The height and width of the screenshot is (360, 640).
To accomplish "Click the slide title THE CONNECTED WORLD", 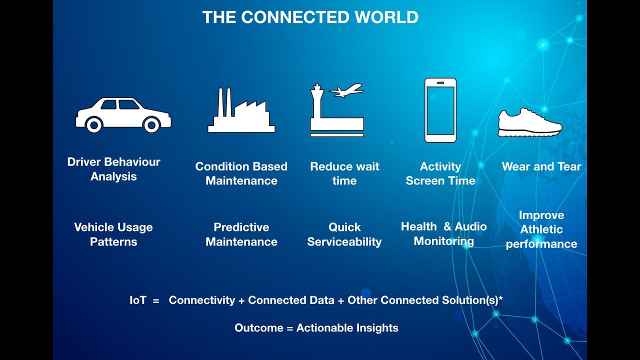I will pyautogui.click(x=310, y=17).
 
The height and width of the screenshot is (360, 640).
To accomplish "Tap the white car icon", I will pyautogui.click(x=123, y=114).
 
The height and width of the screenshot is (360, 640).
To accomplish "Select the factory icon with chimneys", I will pyautogui.click(x=241, y=112).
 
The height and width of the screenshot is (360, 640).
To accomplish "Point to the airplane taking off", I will pyautogui.click(x=346, y=91).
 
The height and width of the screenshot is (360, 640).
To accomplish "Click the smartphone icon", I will pyautogui.click(x=440, y=110).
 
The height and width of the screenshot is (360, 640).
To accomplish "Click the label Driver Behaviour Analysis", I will pyautogui.click(x=113, y=169).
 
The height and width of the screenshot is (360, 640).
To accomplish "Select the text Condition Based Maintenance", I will pyautogui.click(x=241, y=173).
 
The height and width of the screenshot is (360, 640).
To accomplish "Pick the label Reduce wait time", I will pyautogui.click(x=344, y=173).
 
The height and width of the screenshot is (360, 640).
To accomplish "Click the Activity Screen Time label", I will pyautogui.click(x=440, y=173).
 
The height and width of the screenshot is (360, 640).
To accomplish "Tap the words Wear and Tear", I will pyautogui.click(x=541, y=166).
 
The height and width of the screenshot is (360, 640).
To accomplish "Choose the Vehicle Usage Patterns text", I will pyautogui.click(x=113, y=234).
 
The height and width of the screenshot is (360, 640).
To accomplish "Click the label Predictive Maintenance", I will pyautogui.click(x=241, y=234).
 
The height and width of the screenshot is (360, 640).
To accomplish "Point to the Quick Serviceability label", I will pyautogui.click(x=344, y=234).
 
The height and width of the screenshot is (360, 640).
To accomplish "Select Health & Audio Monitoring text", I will pyautogui.click(x=443, y=233).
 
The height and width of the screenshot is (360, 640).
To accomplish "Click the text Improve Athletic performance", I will pyautogui.click(x=541, y=229).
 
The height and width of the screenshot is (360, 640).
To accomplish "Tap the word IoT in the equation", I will pyautogui.click(x=137, y=300).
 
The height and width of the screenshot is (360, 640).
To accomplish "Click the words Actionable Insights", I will pyautogui.click(x=347, y=328).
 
